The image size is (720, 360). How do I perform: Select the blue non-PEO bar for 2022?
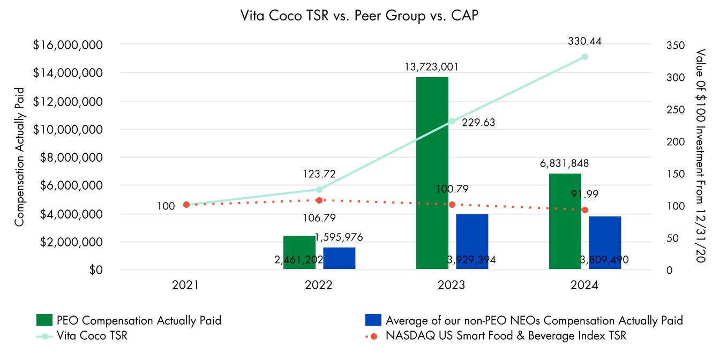coord(339,258)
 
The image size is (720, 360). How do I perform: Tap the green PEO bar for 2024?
coord(565,221)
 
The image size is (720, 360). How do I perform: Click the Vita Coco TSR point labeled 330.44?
coord(585,57)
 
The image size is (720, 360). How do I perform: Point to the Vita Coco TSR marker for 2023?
coord(452,121)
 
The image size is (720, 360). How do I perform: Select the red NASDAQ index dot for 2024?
coord(585,210)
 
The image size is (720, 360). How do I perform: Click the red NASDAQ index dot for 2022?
coord(319,200)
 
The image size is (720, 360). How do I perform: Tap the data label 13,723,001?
coord(432,67)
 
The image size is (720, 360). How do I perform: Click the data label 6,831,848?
coord(565,163)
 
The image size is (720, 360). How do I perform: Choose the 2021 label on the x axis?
coord(185,286)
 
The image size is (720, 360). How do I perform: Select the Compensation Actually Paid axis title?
coord(19,156)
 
